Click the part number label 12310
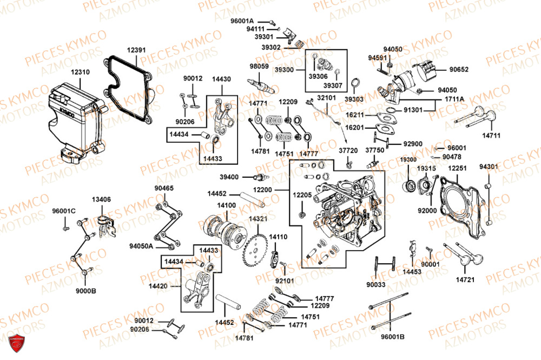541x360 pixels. coord(81,71)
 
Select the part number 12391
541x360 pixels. coord(136,50)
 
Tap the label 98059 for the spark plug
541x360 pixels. coord(259,66)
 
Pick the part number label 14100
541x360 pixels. coord(226,205)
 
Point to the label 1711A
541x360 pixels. coord(455,99)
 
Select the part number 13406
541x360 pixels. coord(101,199)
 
